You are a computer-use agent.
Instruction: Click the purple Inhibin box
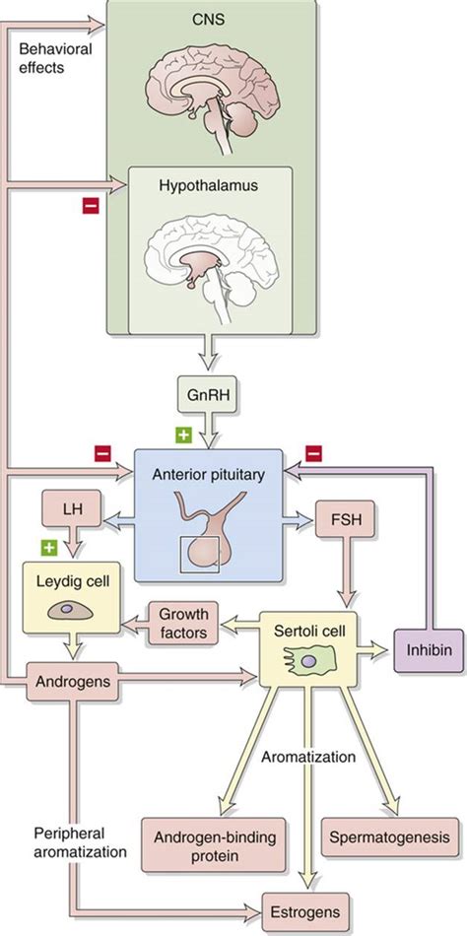point(429,651)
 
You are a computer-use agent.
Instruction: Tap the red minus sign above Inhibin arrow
point(312,451)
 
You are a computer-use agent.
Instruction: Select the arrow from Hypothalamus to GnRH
point(208,355)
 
